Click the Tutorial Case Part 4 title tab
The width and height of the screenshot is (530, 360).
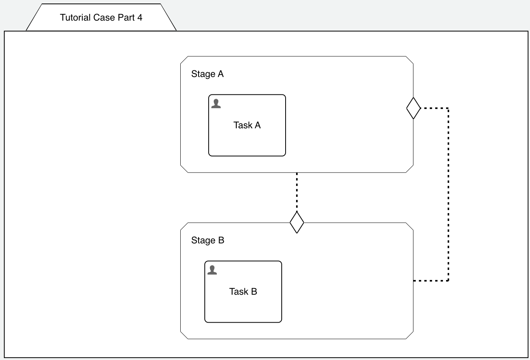101,17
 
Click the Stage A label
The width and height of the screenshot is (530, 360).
207,74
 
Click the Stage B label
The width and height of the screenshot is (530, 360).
207,240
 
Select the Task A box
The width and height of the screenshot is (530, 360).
247,140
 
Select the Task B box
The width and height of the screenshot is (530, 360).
243,307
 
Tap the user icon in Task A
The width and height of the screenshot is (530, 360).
216,103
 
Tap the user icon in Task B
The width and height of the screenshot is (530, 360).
212,270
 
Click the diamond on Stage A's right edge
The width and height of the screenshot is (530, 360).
413,108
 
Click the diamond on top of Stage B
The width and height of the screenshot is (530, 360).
297,222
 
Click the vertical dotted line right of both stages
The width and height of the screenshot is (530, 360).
448,194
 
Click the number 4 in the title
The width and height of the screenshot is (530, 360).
140,17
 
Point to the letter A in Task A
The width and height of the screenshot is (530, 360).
258,125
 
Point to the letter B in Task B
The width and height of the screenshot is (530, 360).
254,292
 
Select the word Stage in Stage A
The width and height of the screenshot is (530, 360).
203,74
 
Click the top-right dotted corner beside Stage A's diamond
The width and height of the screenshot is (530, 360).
448,108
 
